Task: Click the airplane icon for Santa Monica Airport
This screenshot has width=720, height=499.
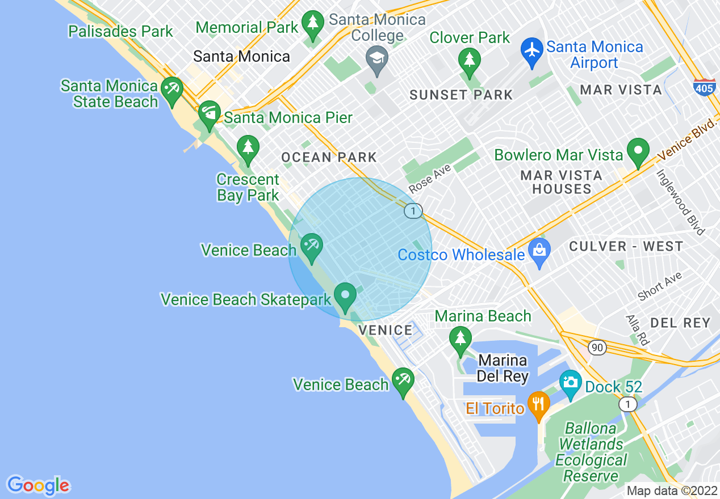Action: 532,50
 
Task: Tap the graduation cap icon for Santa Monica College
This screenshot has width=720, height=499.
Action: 376,58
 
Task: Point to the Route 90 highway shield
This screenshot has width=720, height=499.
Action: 597,348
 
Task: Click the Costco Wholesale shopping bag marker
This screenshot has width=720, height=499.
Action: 539,251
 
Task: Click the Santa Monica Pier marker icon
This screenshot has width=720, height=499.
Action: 209,114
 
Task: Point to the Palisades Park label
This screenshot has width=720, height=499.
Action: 120,31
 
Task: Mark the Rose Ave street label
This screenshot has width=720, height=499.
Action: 429,179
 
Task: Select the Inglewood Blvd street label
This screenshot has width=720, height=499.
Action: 680,202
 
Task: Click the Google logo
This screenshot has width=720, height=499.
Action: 38,485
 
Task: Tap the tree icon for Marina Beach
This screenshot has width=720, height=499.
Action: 460,339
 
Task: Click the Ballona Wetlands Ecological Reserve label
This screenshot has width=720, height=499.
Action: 591,452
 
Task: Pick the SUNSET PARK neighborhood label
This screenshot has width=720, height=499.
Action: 461,95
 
